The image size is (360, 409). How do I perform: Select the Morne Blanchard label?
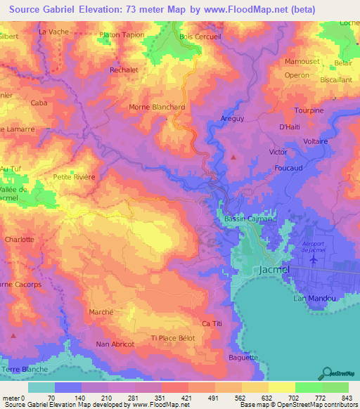click(x=156, y=107)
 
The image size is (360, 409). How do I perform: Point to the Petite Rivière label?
click(x=74, y=176)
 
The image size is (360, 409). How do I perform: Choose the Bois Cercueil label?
click(x=200, y=37)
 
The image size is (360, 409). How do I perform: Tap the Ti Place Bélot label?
click(x=173, y=339)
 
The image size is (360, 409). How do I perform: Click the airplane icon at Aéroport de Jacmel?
click(x=313, y=259)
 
